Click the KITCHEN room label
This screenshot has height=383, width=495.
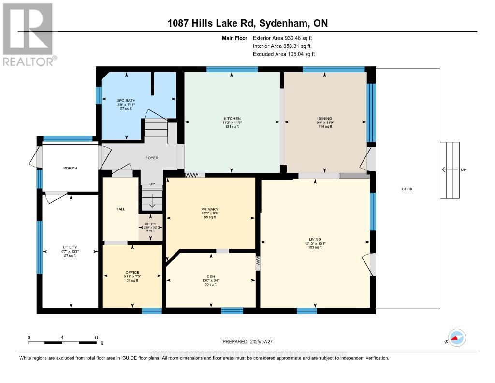[232, 119]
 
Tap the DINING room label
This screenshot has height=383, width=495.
[324, 119]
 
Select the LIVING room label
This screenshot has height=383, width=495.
[315, 239]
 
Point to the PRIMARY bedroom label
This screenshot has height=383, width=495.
[210, 210]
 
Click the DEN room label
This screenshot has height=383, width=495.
[210, 276]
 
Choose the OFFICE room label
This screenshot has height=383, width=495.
[132, 272]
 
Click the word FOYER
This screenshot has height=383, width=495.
[152, 158]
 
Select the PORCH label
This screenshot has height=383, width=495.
[70, 168]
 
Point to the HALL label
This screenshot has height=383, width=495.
[120, 209]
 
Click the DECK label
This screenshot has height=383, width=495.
[407, 189]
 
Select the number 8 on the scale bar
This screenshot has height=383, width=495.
[96, 337]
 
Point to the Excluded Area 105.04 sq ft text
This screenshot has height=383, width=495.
[284, 54]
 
